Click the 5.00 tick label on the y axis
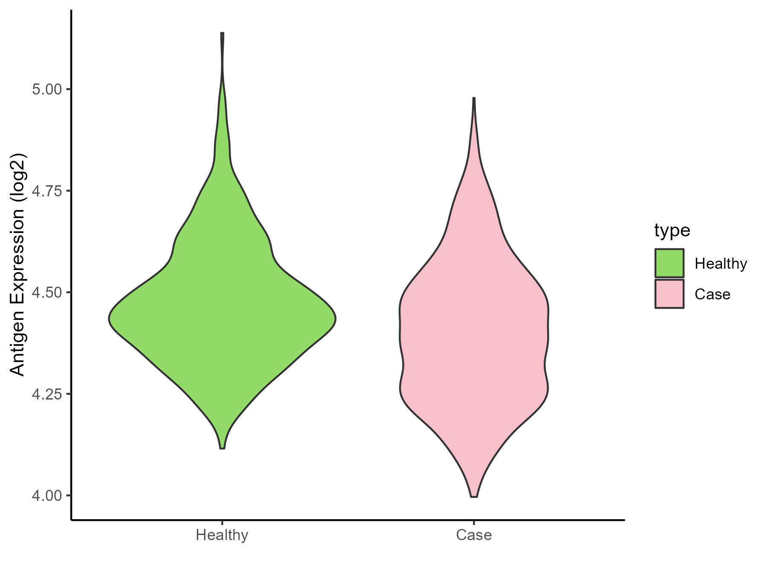[x=47, y=90]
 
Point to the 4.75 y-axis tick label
[x=47, y=191]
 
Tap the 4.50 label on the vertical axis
[x=47, y=293]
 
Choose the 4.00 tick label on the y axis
[x=47, y=496]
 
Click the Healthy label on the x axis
[x=222, y=535]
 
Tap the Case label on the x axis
[x=474, y=535]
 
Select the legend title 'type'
[x=672, y=230]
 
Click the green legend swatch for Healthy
[x=669, y=263]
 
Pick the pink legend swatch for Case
[x=669, y=294]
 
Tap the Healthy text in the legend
[x=721, y=264]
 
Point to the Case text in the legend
[x=712, y=294]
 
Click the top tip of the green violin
[x=222, y=33]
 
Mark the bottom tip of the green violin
[x=222, y=448]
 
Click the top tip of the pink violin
[x=474, y=98]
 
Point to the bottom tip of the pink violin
[x=474, y=497]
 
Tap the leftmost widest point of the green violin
[x=110, y=318]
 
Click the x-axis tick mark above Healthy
[x=222, y=523]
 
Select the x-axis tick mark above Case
[x=474, y=523]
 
